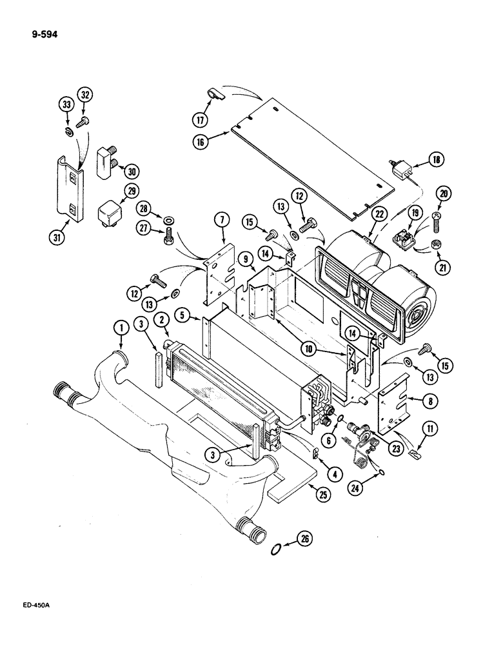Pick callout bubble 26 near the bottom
tap(306, 541)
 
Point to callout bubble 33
tap(68, 104)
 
